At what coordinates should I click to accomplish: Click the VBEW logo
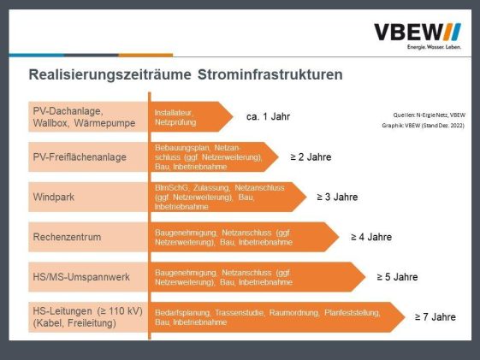tap(418, 36)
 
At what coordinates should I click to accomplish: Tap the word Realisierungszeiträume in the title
tap(110, 75)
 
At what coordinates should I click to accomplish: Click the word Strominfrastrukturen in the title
tap(270, 74)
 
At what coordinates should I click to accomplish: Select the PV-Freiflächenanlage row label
tap(80, 156)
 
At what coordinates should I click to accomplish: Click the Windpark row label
tap(54, 197)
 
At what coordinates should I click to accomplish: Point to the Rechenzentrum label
tap(67, 237)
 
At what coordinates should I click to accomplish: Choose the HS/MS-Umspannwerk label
tap(81, 277)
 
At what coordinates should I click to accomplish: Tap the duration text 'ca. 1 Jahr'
tap(268, 116)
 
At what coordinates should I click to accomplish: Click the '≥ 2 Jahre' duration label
tap(311, 156)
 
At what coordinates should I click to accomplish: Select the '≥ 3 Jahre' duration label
tap(337, 197)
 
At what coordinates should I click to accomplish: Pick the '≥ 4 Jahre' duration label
tap(371, 237)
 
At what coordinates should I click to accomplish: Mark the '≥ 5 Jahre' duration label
tap(397, 277)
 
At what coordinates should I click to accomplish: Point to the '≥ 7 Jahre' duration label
tap(436, 317)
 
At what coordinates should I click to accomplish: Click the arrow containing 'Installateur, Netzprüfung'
tap(192, 117)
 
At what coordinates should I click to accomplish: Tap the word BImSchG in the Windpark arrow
tap(171, 187)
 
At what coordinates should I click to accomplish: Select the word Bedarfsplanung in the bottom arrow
tap(182, 313)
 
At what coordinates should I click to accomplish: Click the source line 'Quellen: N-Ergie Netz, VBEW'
tap(430, 115)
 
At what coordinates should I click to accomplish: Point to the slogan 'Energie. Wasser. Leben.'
tap(434, 47)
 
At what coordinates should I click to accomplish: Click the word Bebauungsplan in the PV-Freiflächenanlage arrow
tap(182, 148)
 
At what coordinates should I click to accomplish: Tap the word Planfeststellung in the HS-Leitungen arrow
tap(353, 313)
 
